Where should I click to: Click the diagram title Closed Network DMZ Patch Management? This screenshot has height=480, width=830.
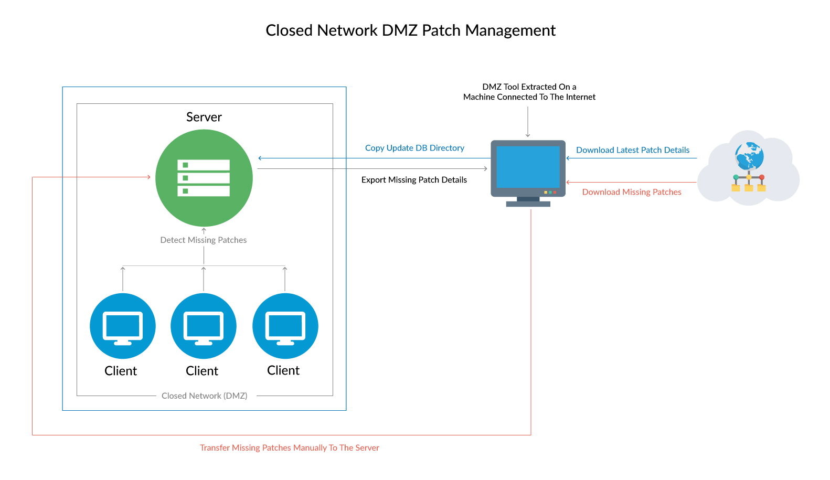410,30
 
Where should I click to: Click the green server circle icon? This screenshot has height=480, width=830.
204,178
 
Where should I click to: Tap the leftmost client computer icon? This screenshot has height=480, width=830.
123,326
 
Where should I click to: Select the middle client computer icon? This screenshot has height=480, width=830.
204,326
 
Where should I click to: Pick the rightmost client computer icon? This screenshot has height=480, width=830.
285,326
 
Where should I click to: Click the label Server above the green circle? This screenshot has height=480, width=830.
204,117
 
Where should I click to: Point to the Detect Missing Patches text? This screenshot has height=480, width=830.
204,240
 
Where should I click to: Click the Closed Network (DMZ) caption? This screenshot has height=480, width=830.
205,396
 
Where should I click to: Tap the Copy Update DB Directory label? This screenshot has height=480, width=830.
414,148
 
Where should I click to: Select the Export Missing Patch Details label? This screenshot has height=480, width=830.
414,180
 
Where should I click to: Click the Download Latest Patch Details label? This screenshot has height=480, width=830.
633,150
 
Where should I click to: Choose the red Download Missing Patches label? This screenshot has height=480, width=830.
632,192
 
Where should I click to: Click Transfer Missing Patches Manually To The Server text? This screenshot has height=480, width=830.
289,447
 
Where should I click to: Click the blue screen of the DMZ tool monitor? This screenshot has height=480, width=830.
528,166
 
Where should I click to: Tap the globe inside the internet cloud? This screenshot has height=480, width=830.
749,155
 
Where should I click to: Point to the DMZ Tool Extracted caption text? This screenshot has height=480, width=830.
529,92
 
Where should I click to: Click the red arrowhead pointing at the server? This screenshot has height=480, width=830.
149,177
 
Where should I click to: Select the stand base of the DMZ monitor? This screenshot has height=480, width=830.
528,204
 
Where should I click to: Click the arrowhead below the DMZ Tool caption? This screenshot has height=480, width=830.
528,135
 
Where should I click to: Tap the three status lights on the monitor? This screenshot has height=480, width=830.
550,192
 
